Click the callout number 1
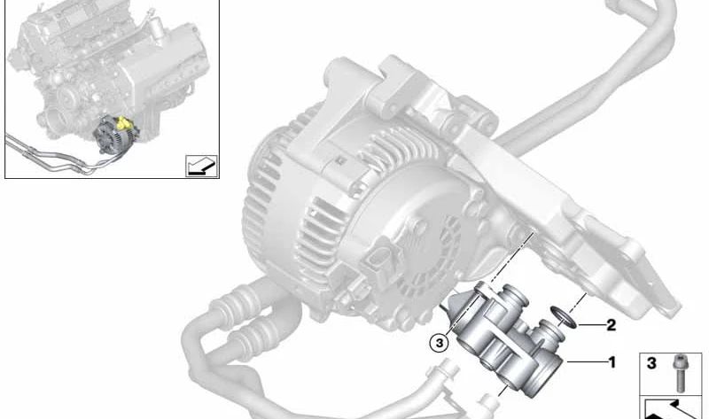612,362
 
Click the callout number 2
611,325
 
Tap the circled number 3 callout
440,343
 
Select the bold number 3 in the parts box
651,363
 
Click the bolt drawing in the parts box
678,373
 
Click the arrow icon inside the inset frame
202,166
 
